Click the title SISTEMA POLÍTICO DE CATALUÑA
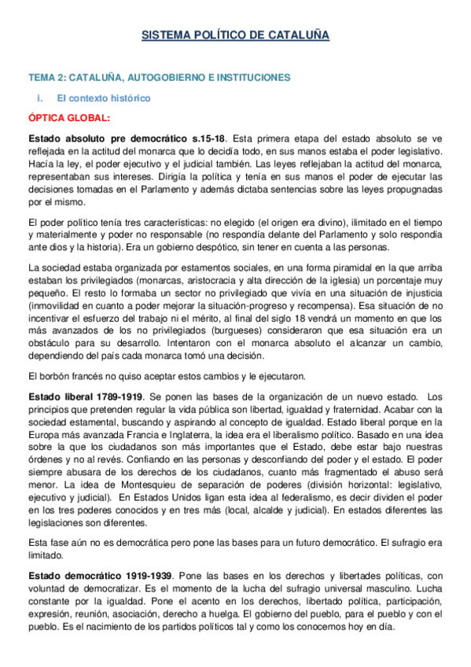click(x=235, y=35)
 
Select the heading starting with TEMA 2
click(x=160, y=77)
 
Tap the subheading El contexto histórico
click(x=103, y=98)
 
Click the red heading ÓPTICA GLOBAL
click(x=69, y=118)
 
